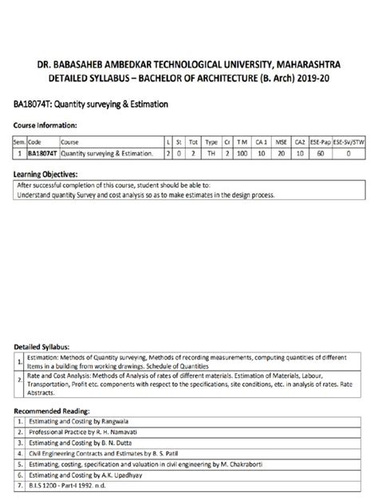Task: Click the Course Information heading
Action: click(45, 125)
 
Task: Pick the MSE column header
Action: click(280, 140)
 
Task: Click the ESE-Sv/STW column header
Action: click(348, 140)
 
